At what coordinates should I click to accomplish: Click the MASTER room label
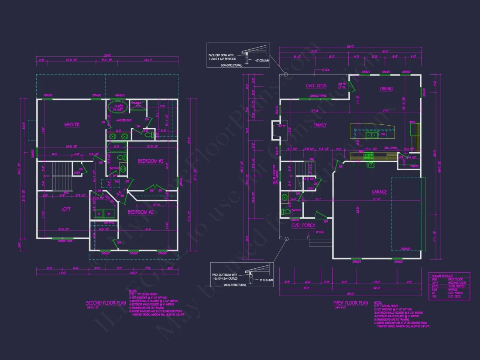coord(72,124)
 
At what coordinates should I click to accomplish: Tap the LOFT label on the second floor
coord(66,209)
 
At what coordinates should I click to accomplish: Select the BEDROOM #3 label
coord(150,161)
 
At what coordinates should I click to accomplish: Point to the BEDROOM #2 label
coord(140,212)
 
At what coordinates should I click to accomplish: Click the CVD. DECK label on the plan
coord(316,86)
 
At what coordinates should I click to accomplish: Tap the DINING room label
coord(386,89)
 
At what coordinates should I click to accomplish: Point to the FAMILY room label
coord(320,125)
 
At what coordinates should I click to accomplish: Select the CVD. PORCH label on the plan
coord(303,225)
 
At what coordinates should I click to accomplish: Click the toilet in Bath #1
coord(286,212)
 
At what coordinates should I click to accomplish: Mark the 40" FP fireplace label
coord(281,127)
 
